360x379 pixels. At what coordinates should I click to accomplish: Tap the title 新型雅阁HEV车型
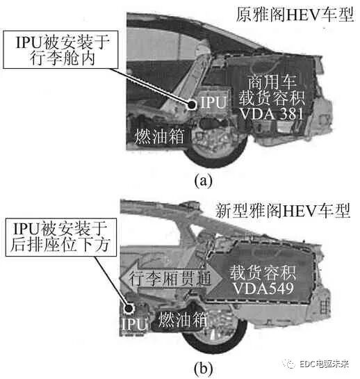[285, 208]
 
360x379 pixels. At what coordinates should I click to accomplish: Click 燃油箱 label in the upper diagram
[158, 134]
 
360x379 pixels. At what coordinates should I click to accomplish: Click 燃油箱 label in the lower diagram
[184, 321]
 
